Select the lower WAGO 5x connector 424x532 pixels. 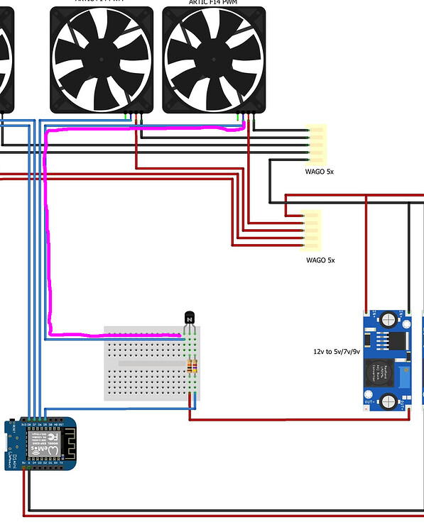(311, 230)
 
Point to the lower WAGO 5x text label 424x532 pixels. (320, 260)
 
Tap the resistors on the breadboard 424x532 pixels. (192, 366)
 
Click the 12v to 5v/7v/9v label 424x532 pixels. (337, 351)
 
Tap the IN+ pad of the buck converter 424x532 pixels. (366, 313)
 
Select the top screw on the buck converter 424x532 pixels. (388, 318)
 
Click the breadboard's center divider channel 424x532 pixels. (151, 363)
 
